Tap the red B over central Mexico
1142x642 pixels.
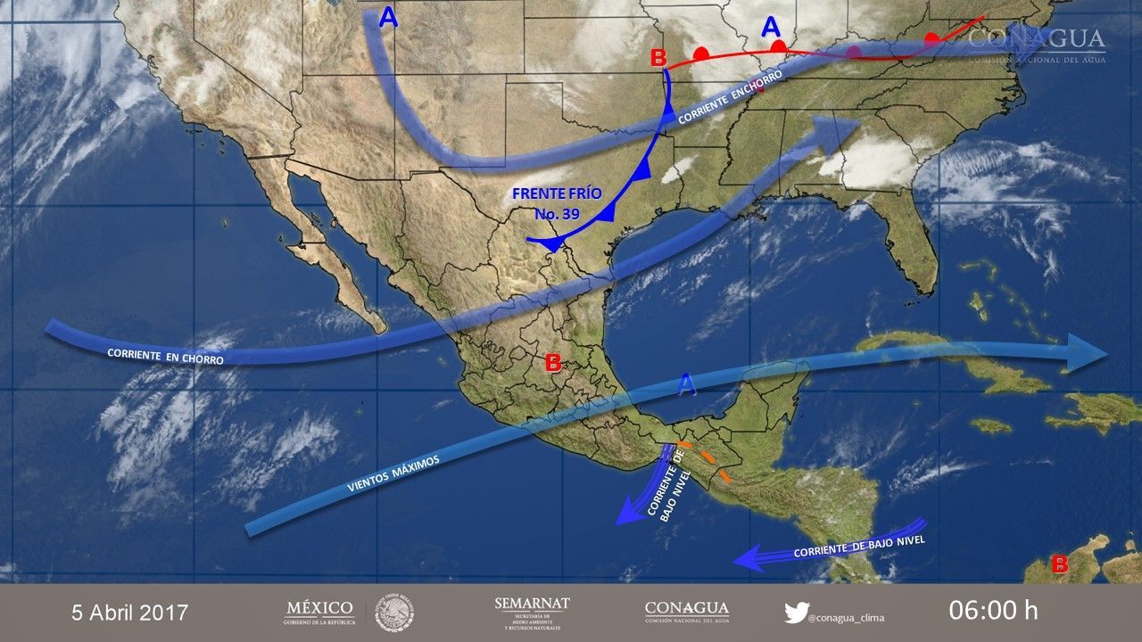pyautogui.click(x=553, y=363)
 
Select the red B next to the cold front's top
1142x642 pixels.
pyautogui.click(x=658, y=59)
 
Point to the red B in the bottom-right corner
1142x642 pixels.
pyautogui.click(x=1060, y=564)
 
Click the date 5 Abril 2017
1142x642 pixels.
pyautogui.click(x=130, y=613)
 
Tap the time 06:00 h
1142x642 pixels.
pyautogui.click(x=993, y=611)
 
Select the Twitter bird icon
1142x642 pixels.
pyautogui.click(x=796, y=613)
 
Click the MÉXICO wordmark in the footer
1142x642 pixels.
pyautogui.click(x=319, y=612)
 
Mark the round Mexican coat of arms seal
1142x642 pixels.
pyautogui.click(x=393, y=613)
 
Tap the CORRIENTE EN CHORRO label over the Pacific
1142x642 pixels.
pyautogui.click(x=165, y=356)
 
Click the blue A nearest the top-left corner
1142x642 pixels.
pyautogui.click(x=388, y=17)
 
